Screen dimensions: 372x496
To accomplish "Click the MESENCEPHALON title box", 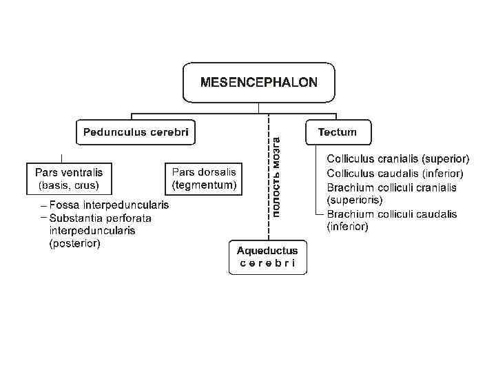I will point(258,83).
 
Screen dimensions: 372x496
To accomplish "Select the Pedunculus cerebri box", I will point(135,132).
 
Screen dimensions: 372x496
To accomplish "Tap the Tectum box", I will point(338,132).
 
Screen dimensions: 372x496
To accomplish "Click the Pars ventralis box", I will point(68,178).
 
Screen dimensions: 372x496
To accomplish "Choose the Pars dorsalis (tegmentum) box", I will point(204,178).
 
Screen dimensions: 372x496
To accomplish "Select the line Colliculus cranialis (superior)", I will point(398,158).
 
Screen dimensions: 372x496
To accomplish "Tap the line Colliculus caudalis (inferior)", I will point(395,174).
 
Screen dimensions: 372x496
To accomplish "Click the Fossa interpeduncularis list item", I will point(109,205).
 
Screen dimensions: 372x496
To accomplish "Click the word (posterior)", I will point(75,243).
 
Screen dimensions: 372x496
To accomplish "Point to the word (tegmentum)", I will point(204,185).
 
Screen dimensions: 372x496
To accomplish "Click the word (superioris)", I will point(354,200).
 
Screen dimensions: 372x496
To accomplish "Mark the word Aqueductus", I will point(267,251).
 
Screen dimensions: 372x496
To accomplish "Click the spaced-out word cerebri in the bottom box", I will point(267,263).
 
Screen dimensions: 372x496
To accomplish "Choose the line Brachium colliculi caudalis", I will point(392,214).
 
